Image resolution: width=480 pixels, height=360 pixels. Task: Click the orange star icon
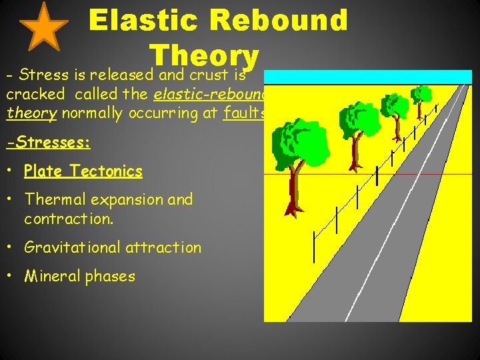[43, 27]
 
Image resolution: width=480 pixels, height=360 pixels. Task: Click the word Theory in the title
[204, 55]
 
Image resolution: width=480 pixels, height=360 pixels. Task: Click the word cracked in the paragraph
[35, 94]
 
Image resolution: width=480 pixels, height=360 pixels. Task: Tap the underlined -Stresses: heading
[48, 143]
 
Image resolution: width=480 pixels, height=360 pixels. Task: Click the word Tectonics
[106, 171]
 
